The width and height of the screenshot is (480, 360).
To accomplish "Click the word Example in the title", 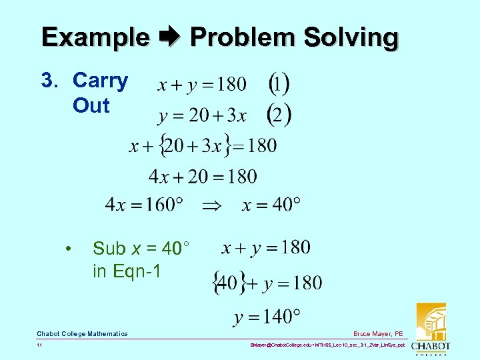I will [x=95, y=37].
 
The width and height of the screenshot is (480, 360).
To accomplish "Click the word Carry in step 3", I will [x=100, y=81].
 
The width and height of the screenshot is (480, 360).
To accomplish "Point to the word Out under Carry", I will [x=91, y=105].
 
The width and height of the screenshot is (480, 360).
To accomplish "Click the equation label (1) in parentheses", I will [x=279, y=85].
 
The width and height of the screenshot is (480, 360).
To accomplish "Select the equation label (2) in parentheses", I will [x=279, y=115].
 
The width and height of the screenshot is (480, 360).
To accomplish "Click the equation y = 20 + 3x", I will [x=202, y=116].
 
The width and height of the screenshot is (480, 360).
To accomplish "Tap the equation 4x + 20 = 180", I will [x=203, y=176].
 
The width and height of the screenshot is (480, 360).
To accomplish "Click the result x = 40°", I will [x=271, y=205].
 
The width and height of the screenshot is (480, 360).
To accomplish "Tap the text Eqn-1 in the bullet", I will [x=136, y=271].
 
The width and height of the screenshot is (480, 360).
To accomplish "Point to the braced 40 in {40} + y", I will [x=227, y=283].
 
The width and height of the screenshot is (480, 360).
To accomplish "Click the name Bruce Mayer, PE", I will [x=378, y=333].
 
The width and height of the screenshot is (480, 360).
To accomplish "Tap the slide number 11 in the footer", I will [x=40, y=346].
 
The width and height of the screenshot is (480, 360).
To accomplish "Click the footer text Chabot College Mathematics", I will [x=82, y=333].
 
